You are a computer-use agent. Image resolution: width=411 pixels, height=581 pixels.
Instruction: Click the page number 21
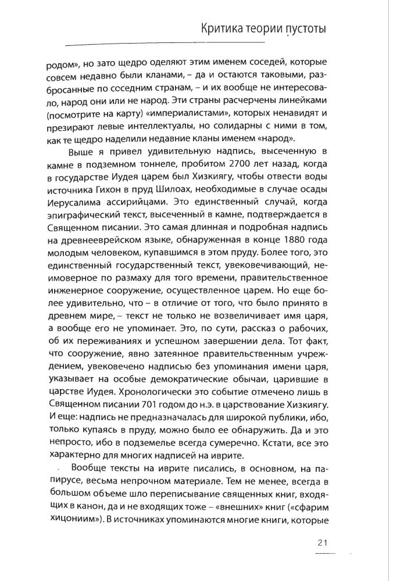[x=324, y=543]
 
